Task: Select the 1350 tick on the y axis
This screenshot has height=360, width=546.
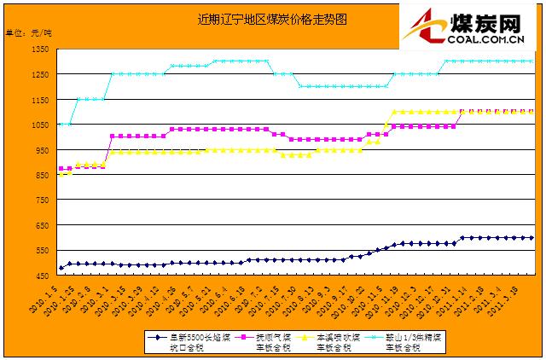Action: (40, 49)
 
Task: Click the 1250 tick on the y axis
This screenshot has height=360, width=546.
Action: (40, 74)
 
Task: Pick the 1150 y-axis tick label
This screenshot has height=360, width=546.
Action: (40, 100)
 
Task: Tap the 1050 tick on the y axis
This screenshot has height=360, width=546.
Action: (40, 125)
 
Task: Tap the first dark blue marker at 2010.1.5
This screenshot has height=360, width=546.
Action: (61, 268)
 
